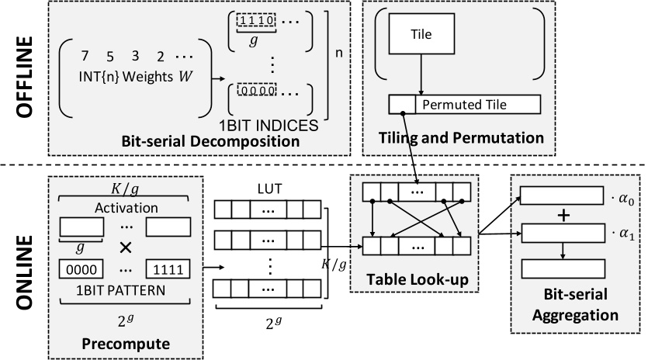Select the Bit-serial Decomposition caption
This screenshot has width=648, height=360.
point(199,142)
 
